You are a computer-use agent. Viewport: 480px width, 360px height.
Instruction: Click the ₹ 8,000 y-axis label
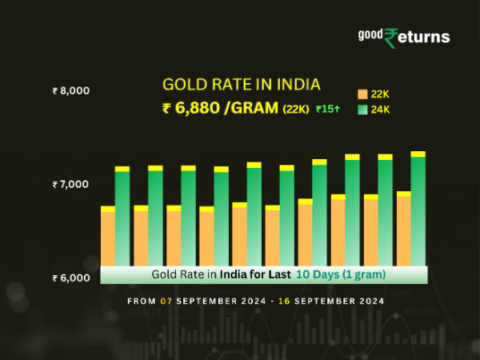coord(70,91)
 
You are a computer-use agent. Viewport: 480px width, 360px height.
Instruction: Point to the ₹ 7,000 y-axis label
coord(70,185)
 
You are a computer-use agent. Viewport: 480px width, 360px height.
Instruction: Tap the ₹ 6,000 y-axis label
coord(70,278)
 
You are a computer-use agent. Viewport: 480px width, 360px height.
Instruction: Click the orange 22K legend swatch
coord(362,94)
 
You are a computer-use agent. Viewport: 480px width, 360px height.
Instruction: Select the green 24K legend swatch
coord(362,110)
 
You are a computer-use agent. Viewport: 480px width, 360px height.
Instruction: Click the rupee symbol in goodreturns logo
coord(391,38)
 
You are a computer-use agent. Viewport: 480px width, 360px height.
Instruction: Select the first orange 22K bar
coord(107,238)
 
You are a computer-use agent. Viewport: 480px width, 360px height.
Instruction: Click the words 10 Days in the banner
coord(314,274)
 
